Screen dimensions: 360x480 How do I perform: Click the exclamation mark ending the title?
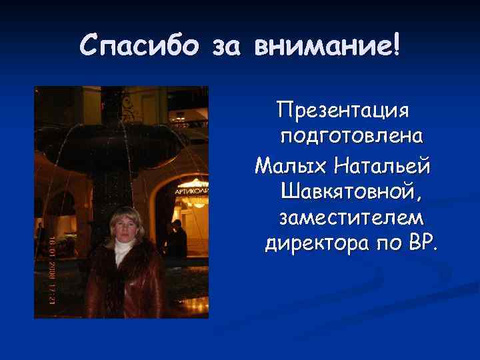pos(397,45)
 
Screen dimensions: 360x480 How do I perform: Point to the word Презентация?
pos(345,110)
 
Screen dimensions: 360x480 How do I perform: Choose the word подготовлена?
pos(352,137)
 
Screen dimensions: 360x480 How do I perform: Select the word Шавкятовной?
pos(351,191)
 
